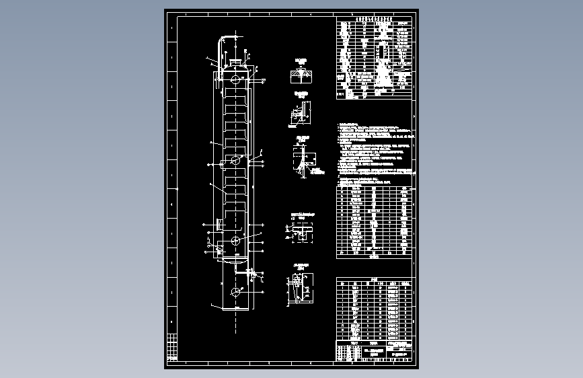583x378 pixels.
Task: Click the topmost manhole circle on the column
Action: [x=235, y=79]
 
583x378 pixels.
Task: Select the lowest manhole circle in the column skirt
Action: [x=235, y=292]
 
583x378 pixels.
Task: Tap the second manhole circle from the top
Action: [x=235, y=160]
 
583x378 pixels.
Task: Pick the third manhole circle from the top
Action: [x=235, y=240]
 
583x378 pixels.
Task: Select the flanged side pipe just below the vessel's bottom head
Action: [x=252, y=273]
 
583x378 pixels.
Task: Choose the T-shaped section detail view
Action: [x=303, y=231]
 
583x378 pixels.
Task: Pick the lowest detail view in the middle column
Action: [x=299, y=289]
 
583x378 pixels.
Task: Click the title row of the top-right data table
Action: [x=374, y=20]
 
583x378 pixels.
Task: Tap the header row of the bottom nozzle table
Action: [x=374, y=284]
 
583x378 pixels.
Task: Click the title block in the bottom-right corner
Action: [x=374, y=352]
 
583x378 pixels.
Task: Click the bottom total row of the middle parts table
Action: [x=374, y=254]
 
